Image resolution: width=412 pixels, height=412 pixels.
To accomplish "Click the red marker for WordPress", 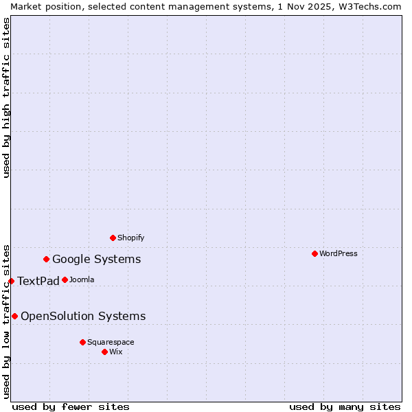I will click(x=315, y=253).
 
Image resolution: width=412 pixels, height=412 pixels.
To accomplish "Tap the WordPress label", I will click(x=339, y=254).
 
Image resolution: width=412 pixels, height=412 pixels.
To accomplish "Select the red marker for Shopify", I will click(x=113, y=238).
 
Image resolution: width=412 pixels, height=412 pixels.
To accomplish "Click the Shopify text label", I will click(x=131, y=238).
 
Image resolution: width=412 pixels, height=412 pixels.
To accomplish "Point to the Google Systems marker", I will click(x=47, y=259).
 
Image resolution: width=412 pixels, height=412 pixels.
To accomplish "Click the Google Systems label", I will click(x=97, y=260).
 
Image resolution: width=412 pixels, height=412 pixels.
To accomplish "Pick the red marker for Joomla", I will click(x=65, y=279).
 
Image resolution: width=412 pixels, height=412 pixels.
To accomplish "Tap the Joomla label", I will click(x=82, y=280).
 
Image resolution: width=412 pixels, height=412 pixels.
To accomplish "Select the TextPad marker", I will click(x=12, y=281).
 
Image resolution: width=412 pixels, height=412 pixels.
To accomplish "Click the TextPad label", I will click(x=38, y=282).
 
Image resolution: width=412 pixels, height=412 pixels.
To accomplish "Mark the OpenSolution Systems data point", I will click(x=15, y=316).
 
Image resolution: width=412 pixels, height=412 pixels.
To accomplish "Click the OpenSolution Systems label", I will click(x=83, y=317).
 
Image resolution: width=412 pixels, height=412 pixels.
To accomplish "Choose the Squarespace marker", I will click(x=83, y=342).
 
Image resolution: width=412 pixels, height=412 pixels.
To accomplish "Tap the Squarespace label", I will click(x=111, y=343).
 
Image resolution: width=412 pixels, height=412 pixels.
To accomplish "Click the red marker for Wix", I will click(x=105, y=352).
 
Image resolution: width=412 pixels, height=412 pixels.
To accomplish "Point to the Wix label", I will click(x=116, y=352).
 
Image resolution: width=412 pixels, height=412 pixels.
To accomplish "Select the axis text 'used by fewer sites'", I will click(x=71, y=407).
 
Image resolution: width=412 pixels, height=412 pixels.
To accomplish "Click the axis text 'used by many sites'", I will click(x=345, y=407).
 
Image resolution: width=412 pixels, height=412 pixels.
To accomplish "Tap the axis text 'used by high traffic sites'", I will click(x=7, y=98).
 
